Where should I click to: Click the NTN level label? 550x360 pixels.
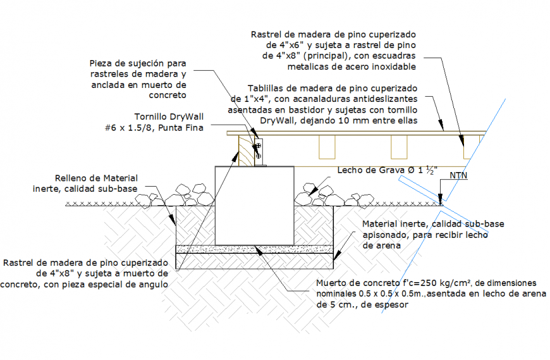459,175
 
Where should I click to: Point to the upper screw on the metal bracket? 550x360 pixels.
258,146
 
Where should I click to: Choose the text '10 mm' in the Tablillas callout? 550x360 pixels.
343,120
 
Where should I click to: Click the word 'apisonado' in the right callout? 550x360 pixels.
386,234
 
